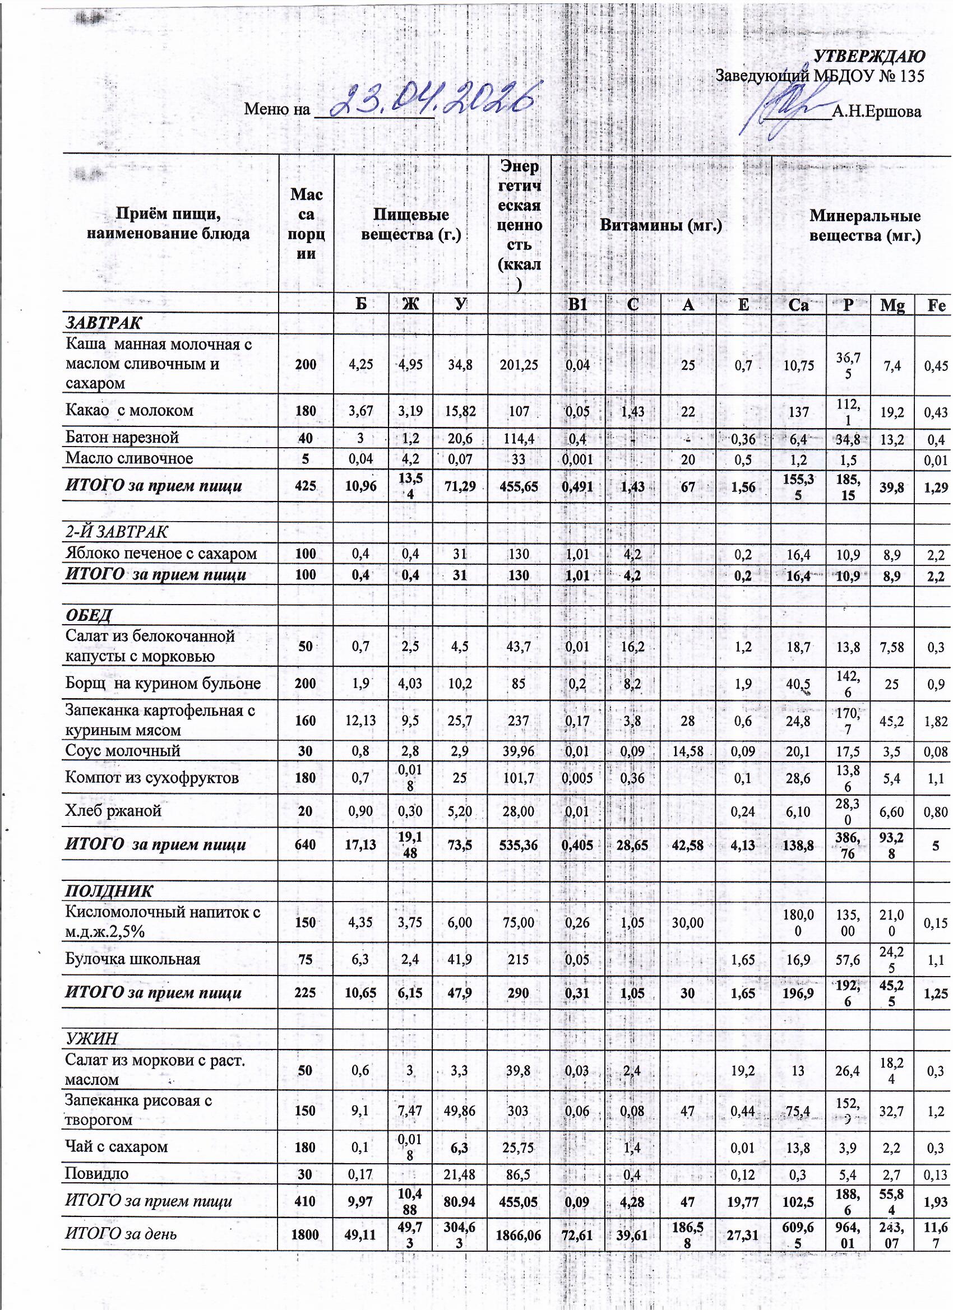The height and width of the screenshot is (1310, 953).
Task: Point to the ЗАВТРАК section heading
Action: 104,323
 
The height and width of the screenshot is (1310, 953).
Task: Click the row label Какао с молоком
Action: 129,411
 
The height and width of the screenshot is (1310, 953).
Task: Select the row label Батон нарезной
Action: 122,437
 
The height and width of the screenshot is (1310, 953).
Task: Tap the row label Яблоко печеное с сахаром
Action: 161,554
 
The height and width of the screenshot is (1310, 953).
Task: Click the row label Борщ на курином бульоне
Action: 163,684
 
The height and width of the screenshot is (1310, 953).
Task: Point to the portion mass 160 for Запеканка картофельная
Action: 306,720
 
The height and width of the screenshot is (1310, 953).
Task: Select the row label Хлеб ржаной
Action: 113,811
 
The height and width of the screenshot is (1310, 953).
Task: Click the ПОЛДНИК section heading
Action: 109,890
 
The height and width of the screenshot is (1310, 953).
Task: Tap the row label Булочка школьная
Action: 133,959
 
